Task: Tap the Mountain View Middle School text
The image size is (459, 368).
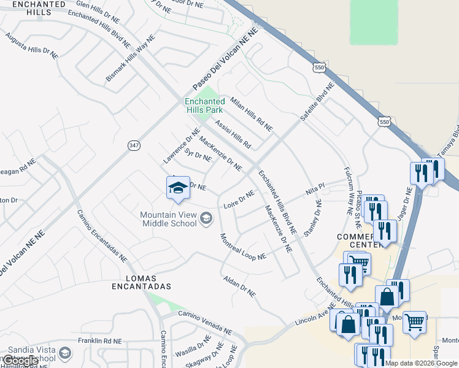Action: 169,219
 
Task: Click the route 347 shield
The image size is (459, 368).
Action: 134,145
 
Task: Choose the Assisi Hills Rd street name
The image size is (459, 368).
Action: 233,134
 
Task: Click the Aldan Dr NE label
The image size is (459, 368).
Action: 239,286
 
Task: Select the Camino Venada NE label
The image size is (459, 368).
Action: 205,322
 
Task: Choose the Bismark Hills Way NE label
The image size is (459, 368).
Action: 131,54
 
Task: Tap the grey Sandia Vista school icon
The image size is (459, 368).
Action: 65,353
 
